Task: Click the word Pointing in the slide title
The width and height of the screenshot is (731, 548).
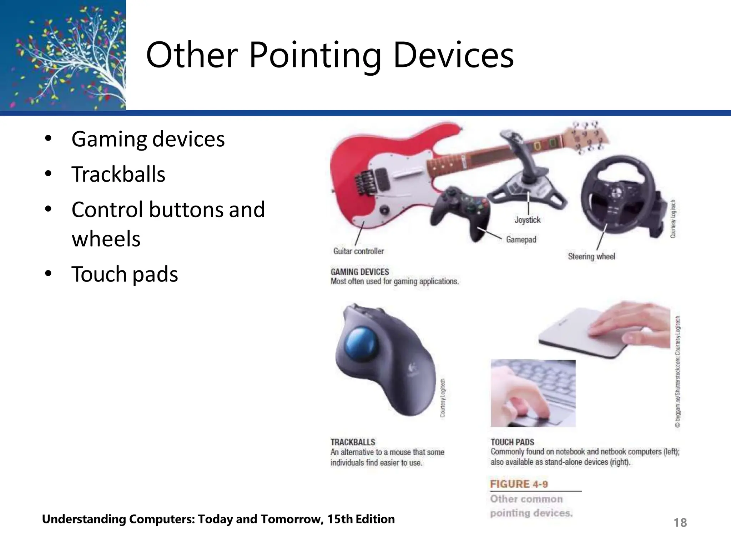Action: pos(315,55)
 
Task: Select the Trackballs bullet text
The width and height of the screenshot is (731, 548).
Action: pos(118,174)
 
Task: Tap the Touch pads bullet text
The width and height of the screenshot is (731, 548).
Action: pos(125,274)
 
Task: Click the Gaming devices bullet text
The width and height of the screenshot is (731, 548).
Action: pos(148,139)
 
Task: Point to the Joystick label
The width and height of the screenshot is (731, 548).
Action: pos(527,220)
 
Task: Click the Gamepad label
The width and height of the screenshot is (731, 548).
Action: pos(521,239)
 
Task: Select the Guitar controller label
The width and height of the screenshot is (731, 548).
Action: pos(358,251)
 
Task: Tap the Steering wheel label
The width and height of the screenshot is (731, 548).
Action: pos(591,257)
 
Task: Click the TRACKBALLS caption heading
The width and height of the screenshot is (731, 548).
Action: pos(353,442)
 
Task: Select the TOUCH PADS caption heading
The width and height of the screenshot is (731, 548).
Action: pos(512,442)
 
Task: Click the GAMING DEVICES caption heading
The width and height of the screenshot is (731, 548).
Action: pos(359,272)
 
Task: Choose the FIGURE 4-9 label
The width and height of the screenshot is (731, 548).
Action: pos(519,484)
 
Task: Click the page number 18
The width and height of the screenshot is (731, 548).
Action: pos(680,523)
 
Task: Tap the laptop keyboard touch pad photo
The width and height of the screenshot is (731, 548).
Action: pos(533,393)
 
